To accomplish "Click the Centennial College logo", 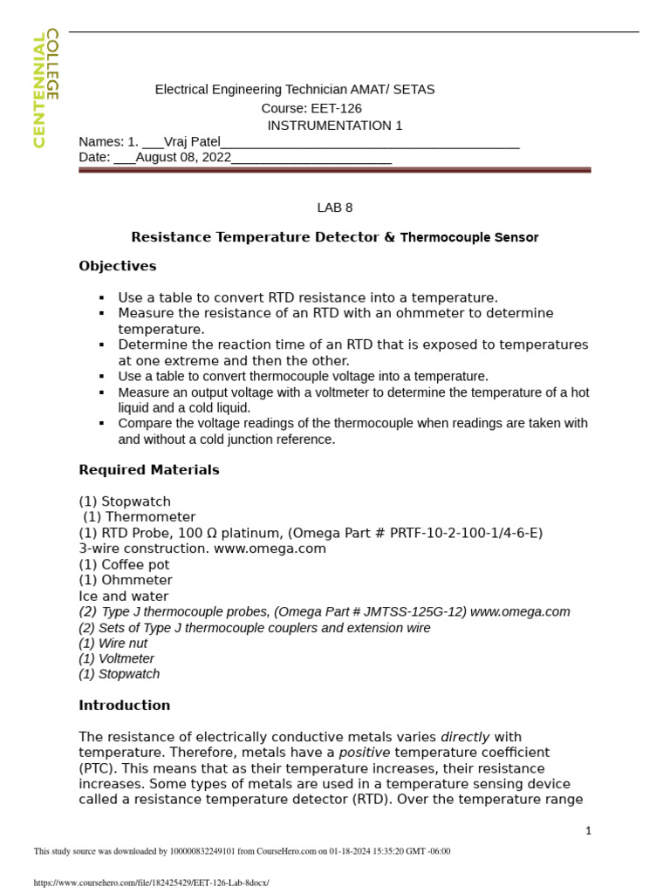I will pyautogui.click(x=45, y=89).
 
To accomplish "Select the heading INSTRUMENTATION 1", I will pyautogui.click(x=334, y=125).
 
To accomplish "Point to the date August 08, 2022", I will pyautogui.click(x=183, y=157).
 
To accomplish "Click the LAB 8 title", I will pyautogui.click(x=334, y=208).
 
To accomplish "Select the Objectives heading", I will pyautogui.click(x=117, y=266).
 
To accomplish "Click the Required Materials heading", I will pyautogui.click(x=148, y=470).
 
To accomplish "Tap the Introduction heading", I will pyautogui.click(x=124, y=706).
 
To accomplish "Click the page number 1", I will pyautogui.click(x=588, y=830).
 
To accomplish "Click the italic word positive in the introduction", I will pyautogui.click(x=364, y=753).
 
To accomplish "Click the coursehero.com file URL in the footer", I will pyautogui.click(x=151, y=883).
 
